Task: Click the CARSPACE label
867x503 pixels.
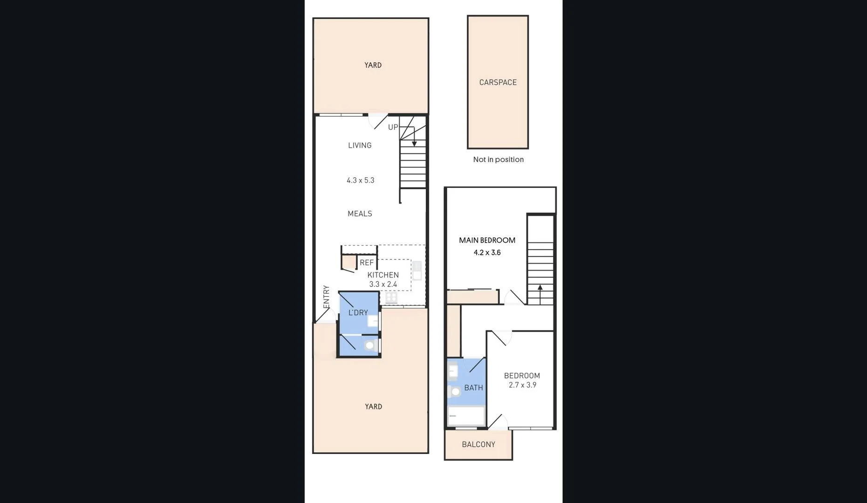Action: tap(498, 82)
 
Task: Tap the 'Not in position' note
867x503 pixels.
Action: tap(498, 159)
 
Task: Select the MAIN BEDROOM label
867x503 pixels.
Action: tap(487, 240)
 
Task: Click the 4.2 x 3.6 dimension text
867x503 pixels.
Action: tap(487, 252)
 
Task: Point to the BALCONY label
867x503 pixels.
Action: tap(478, 444)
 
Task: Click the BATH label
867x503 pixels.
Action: tap(473, 387)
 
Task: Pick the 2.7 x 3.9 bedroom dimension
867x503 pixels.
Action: tap(522, 385)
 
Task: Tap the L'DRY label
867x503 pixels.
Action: tap(358, 313)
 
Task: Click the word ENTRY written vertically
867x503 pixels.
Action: tap(326, 297)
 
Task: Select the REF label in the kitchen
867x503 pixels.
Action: tap(367, 263)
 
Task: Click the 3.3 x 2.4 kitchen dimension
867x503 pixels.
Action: tap(383, 284)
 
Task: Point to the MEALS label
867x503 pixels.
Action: tap(360, 214)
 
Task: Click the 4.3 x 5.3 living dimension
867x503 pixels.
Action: tap(360, 180)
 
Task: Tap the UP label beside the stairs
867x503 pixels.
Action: tap(393, 127)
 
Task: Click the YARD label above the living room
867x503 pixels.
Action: tap(373, 65)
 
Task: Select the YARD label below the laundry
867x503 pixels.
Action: tap(373, 407)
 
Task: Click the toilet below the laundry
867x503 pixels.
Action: tap(370, 346)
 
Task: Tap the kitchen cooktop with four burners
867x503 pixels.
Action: tap(391, 298)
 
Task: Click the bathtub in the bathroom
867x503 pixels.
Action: tap(465, 415)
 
